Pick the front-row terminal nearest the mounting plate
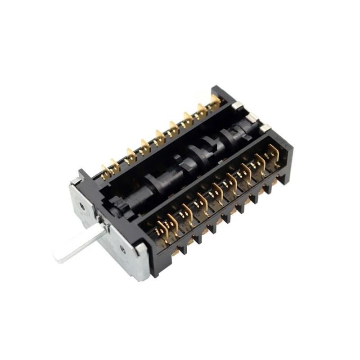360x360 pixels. tap(161, 229)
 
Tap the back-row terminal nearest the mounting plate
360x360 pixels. tap(106, 171)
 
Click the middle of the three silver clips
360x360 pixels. tap(251, 118)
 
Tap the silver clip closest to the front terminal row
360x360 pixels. tap(265, 129)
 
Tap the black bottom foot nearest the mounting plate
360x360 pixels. tap(182, 249)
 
